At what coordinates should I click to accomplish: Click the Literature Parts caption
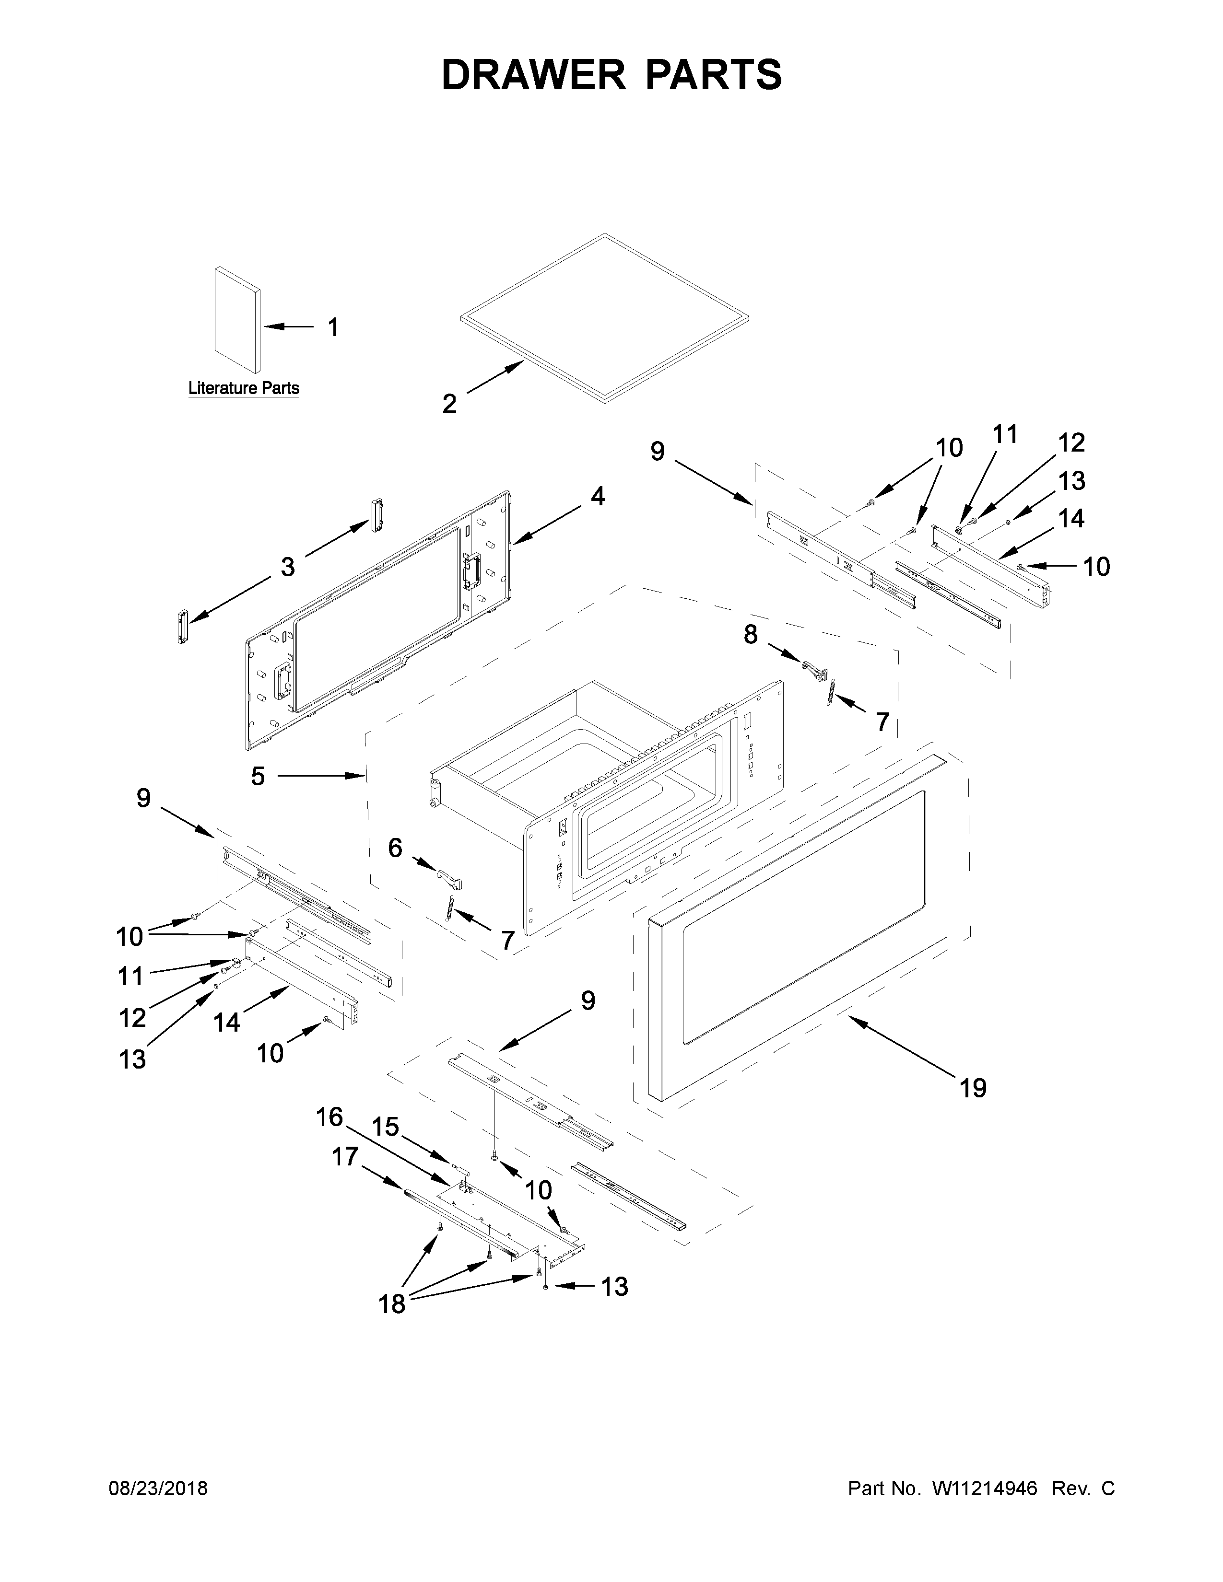click(x=244, y=388)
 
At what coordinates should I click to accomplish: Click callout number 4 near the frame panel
click(x=597, y=496)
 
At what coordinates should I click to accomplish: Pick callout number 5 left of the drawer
click(x=258, y=777)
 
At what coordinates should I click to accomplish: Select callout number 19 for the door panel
click(x=973, y=1108)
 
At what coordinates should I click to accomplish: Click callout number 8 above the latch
click(x=751, y=635)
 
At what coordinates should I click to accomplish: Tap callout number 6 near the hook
click(x=395, y=848)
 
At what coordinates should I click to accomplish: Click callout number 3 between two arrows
click(x=288, y=567)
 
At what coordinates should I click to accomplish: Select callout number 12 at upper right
click(x=1071, y=442)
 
